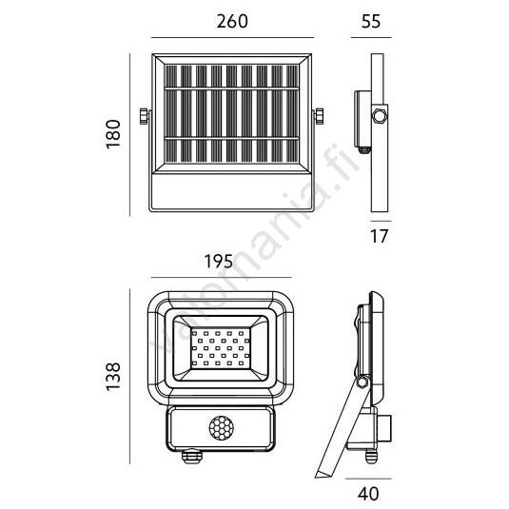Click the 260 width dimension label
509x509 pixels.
(x=232, y=21)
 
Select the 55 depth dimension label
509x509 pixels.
(x=371, y=21)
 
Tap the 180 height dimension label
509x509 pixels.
(x=113, y=134)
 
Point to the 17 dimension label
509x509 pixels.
(x=380, y=236)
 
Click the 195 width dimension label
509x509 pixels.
(x=219, y=262)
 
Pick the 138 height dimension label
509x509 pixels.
(x=113, y=376)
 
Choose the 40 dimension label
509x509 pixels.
(x=368, y=494)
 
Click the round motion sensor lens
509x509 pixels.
(x=221, y=429)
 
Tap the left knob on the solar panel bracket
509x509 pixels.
(x=144, y=116)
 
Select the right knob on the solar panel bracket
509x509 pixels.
(x=319, y=116)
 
